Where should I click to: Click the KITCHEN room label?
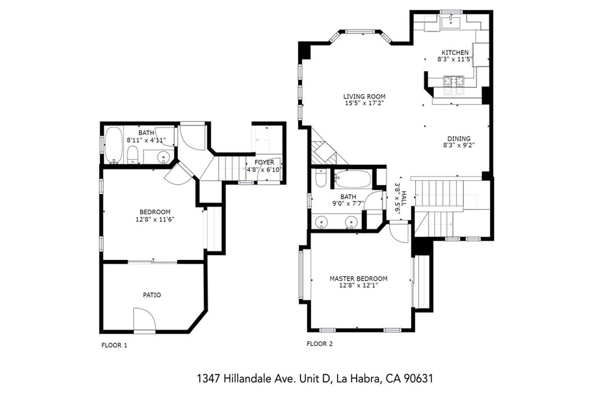point(455,53)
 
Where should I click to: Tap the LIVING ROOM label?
point(364,96)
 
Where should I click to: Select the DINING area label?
point(459,139)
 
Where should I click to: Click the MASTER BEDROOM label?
point(358,279)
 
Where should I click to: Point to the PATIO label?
point(152,295)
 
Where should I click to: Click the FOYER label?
point(264,163)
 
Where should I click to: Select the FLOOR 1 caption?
point(114,346)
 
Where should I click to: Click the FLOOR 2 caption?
point(320,344)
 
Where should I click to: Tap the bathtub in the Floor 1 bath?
point(114,145)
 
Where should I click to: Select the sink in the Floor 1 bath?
point(163,156)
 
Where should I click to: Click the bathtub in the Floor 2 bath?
point(353,179)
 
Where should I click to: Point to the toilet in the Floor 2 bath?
point(320,178)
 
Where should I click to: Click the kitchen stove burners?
point(453,80)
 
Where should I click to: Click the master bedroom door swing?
point(399,231)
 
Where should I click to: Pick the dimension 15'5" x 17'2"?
point(364,103)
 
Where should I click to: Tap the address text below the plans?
point(314,378)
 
